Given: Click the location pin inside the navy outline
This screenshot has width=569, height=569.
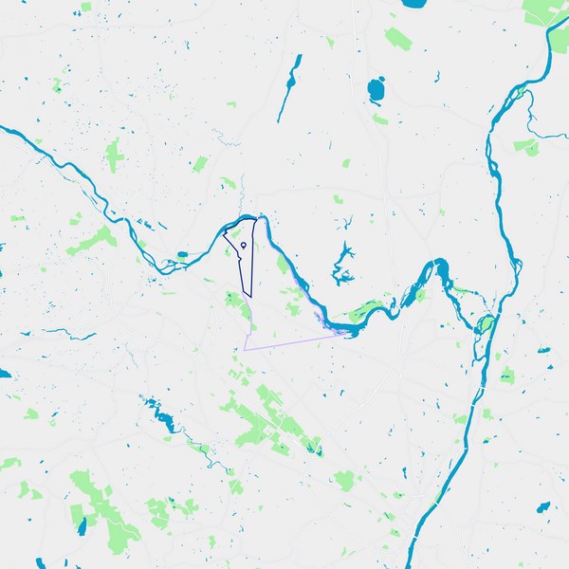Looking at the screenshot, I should point(244,245).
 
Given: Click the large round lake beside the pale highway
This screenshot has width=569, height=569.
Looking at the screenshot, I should point(376,91).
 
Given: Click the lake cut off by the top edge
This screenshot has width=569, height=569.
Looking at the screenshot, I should point(413,3).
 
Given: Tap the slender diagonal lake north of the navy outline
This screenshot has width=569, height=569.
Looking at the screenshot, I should point(289,87).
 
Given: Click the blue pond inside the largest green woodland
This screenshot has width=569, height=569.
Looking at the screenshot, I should point(83,521).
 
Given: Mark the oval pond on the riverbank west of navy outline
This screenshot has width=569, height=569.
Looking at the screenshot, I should point(181,254).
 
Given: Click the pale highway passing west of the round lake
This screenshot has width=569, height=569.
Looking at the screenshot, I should point(360,76).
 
